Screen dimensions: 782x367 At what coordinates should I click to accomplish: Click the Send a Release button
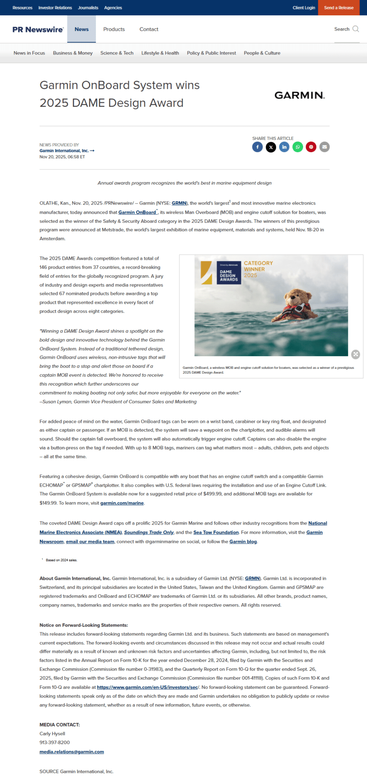click(x=339, y=8)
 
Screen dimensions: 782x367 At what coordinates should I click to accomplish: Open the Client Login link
click(x=304, y=8)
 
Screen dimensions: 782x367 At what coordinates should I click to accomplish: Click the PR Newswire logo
click(x=38, y=29)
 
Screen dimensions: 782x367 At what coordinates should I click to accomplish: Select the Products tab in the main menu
click(x=114, y=29)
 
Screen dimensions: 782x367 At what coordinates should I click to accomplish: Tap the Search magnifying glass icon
click(x=356, y=29)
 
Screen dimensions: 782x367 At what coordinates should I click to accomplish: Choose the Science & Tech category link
click(x=117, y=53)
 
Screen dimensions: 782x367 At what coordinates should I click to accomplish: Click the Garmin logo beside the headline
click(x=299, y=95)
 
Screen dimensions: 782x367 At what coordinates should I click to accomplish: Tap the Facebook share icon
click(x=258, y=147)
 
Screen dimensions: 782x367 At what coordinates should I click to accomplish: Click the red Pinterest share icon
click(x=311, y=147)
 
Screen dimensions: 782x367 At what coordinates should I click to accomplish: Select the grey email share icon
click(x=325, y=147)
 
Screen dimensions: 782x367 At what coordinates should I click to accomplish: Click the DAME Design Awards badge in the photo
click(x=229, y=273)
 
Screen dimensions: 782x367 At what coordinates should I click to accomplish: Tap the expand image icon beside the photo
click(x=356, y=354)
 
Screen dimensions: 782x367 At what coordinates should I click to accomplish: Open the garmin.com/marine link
click(x=122, y=503)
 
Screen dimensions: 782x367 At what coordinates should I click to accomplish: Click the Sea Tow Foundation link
click(x=216, y=532)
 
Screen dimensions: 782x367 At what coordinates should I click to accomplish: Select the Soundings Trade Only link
click(x=149, y=532)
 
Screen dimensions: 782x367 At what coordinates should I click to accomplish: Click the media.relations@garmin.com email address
click(x=72, y=751)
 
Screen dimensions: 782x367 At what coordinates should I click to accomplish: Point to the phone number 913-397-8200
click(x=54, y=742)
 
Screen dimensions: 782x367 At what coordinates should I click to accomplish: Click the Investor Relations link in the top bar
click(x=55, y=8)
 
